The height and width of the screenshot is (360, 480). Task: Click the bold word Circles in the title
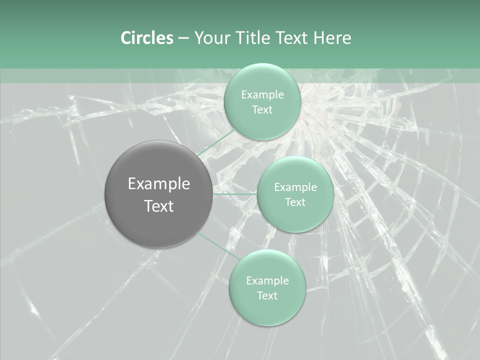(x=147, y=38)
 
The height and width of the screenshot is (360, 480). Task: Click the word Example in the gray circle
(x=159, y=184)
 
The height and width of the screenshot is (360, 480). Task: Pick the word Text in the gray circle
(x=159, y=206)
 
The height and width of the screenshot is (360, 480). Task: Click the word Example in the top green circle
(x=262, y=95)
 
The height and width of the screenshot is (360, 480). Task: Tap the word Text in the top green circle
(x=262, y=110)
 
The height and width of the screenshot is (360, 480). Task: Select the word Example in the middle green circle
(x=295, y=187)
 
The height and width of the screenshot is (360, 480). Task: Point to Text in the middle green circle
(x=295, y=202)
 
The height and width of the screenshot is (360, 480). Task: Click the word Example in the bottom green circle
(x=267, y=281)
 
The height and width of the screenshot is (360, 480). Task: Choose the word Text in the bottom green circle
(x=267, y=296)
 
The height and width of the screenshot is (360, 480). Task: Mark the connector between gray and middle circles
(x=234, y=194)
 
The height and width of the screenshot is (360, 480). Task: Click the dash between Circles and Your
(x=183, y=38)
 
